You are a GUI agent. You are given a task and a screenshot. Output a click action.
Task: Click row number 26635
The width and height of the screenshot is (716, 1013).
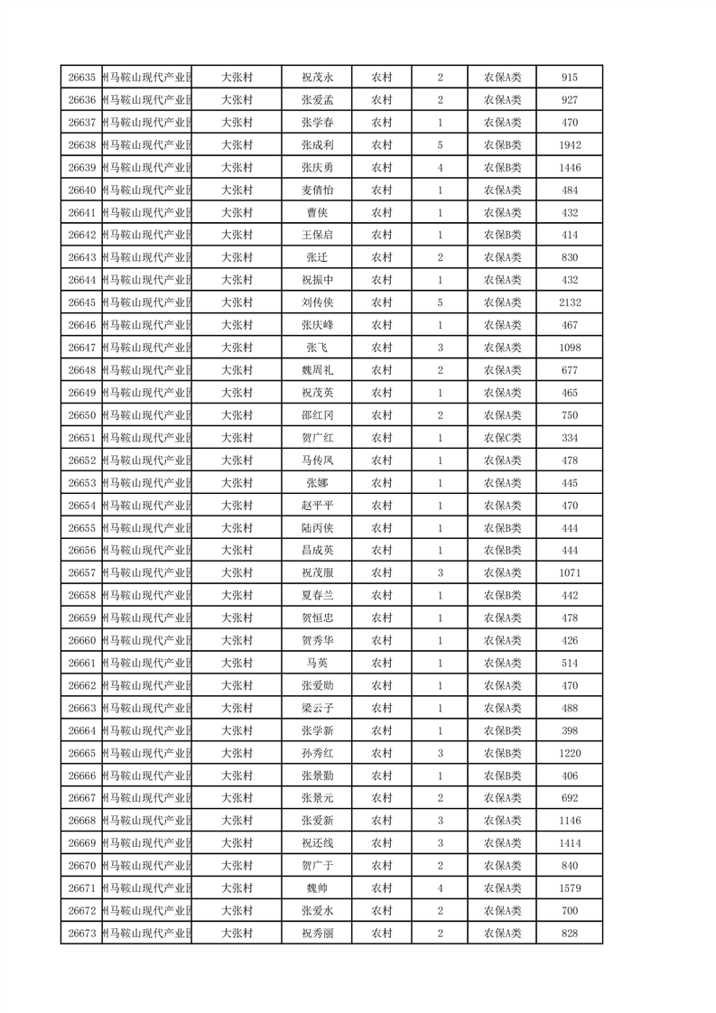81,78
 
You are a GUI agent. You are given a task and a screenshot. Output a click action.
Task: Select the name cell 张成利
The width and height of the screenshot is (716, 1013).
317,145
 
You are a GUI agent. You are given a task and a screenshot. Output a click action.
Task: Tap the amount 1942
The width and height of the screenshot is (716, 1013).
569,145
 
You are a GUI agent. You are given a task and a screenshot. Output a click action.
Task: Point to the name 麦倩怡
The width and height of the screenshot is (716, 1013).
317,191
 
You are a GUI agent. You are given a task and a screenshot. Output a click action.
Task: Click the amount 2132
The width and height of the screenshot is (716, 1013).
569,302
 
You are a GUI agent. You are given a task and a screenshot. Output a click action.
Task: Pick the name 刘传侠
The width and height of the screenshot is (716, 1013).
317,302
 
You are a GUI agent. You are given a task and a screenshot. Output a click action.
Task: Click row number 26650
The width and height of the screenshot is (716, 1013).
81,415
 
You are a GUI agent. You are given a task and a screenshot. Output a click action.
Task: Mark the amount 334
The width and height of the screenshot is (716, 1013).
569,438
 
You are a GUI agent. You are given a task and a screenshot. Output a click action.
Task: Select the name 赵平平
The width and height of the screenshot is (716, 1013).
317,506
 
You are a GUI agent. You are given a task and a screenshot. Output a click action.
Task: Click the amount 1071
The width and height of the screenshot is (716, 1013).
569,573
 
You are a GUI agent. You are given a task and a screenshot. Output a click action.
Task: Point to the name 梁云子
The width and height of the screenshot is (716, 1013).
317,708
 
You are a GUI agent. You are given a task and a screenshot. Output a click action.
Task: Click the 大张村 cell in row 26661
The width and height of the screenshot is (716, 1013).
237,663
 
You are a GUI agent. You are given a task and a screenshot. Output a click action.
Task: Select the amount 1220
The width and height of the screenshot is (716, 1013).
569,753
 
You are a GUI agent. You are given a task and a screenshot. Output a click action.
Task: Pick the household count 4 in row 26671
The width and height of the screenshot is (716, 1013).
440,888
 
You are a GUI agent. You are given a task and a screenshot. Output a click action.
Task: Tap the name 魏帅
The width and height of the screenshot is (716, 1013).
317,888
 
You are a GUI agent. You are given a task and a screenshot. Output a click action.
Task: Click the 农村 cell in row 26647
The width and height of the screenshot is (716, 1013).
382,348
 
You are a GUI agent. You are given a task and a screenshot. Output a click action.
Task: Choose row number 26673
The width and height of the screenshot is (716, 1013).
81,934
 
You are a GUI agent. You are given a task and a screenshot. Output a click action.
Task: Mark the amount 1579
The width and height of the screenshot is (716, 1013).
569,888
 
